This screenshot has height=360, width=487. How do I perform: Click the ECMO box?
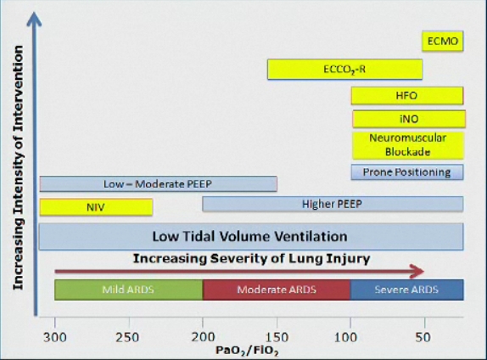tap(443, 41)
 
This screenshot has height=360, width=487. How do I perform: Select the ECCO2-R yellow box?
tap(345, 69)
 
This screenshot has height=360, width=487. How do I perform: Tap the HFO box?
tap(407, 96)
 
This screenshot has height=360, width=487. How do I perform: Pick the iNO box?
tap(409, 119)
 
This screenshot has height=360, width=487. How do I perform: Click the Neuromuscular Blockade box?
tap(408, 145)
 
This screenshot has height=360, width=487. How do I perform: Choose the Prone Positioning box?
tap(407, 172)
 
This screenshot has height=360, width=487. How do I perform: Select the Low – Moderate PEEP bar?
tap(159, 184)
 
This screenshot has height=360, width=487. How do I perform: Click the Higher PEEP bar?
tap(333, 204)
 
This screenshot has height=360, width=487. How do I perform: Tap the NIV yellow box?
tap(96, 207)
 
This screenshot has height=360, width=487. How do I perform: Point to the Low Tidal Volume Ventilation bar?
tap(251, 237)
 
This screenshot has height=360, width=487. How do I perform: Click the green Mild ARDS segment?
tap(129, 290)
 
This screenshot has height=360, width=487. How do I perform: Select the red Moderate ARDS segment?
tap(277, 290)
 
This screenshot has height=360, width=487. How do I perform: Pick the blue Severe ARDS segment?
tap(407, 290)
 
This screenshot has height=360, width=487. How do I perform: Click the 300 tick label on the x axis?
tap(55, 337)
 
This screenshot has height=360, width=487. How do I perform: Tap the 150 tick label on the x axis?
tap(277, 337)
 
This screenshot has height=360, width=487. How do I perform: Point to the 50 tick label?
tap(423, 337)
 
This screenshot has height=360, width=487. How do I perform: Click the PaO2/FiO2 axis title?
tap(247, 351)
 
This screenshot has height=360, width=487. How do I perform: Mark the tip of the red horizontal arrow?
tap(424, 272)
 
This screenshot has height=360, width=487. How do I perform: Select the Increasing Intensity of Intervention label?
tap(18, 168)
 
